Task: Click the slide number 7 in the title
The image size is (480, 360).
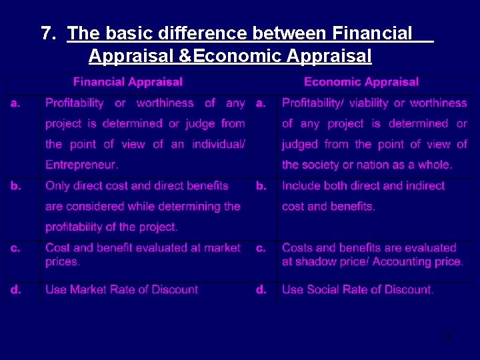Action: pyautogui.click(x=45, y=33)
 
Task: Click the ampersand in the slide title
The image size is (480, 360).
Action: pyautogui.click(x=186, y=56)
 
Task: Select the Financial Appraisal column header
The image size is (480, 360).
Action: pyautogui.click(x=127, y=82)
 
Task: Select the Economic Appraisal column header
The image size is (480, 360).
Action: pyautogui.click(x=361, y=82)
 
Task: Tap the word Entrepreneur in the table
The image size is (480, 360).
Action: pyautogui.click(x=81, y=164)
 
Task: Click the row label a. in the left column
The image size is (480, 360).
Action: pyautogui.click(x=15, y=103)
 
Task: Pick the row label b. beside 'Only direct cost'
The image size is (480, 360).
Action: pyautogui.click(x=15, y=186)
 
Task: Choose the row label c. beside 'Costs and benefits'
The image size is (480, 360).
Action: pyautogui.click(x=261, y=248)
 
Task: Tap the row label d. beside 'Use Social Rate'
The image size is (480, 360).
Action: pyautogui.click(x=261, y=289)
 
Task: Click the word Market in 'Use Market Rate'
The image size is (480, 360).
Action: pyautogui.click(x=88, y=289)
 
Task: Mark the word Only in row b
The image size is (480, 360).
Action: pyautogui.click(x=57, y=186)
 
